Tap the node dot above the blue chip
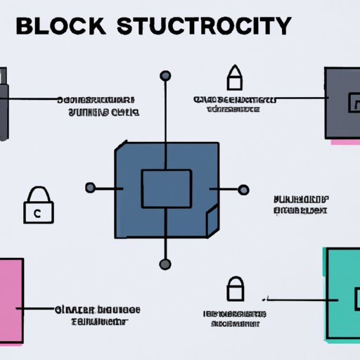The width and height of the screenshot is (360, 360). coord(165,76)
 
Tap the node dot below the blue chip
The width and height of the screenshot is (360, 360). coord(165,264)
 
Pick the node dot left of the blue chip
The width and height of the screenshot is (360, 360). coord(90,188)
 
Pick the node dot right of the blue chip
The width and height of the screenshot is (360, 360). coord(243,188)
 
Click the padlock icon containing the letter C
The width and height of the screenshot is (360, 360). coord(38,207)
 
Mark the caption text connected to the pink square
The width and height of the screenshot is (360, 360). coord(97,316)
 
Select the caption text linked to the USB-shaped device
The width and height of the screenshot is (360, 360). coord(98,105)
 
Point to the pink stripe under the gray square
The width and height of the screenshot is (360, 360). coord(345,142)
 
